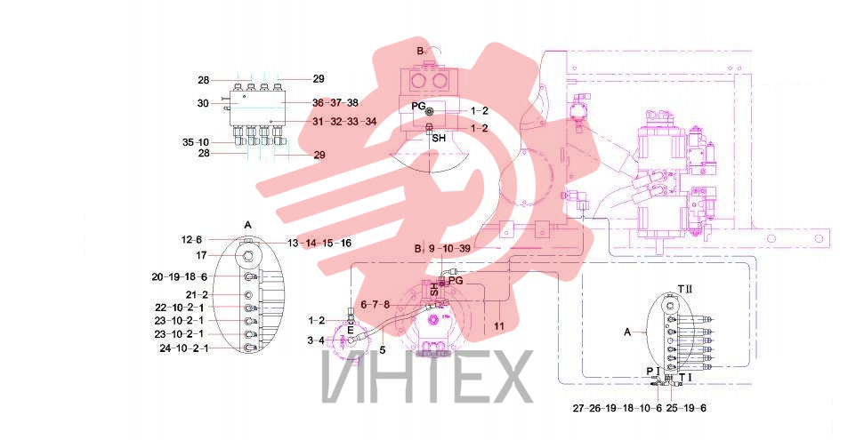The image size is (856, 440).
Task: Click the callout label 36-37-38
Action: pyautogui.click(x=335, y=102)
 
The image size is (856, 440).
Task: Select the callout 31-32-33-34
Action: pyautogui.click(x=344, y=122)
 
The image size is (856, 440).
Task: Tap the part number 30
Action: pyautogui.click(x=203, y=102)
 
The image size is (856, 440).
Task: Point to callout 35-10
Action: pyautogui.click(x=196, y=143)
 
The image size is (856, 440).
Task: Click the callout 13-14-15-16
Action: pyautogui.click(x=319, y=244)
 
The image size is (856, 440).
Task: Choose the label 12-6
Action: pyautogui.click(x=191, y=240)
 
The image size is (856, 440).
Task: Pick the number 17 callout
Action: pyautogui.click(x=202, y=255)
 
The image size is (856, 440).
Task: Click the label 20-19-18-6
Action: pyautogui.click(x=180, y=277)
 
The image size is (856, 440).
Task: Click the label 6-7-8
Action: pyautogui.click(x=375, y=305)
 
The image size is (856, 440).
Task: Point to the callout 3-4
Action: pyautogui.click(x=317, y=340)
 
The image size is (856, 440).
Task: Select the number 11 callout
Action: pyautogui.click(x=499, y=326)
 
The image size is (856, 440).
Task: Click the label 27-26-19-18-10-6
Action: pyautogui.click(x=617, y=408)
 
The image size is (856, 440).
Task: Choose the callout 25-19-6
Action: pyautogui.click(x=687, y=408)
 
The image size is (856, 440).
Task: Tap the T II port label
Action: pyautogui.click(x=684, y=288)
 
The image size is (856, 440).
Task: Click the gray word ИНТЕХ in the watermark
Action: pyautogui.click(x=427, y=377)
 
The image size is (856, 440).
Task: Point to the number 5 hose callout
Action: pyautogui.click(x=382, y=350)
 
